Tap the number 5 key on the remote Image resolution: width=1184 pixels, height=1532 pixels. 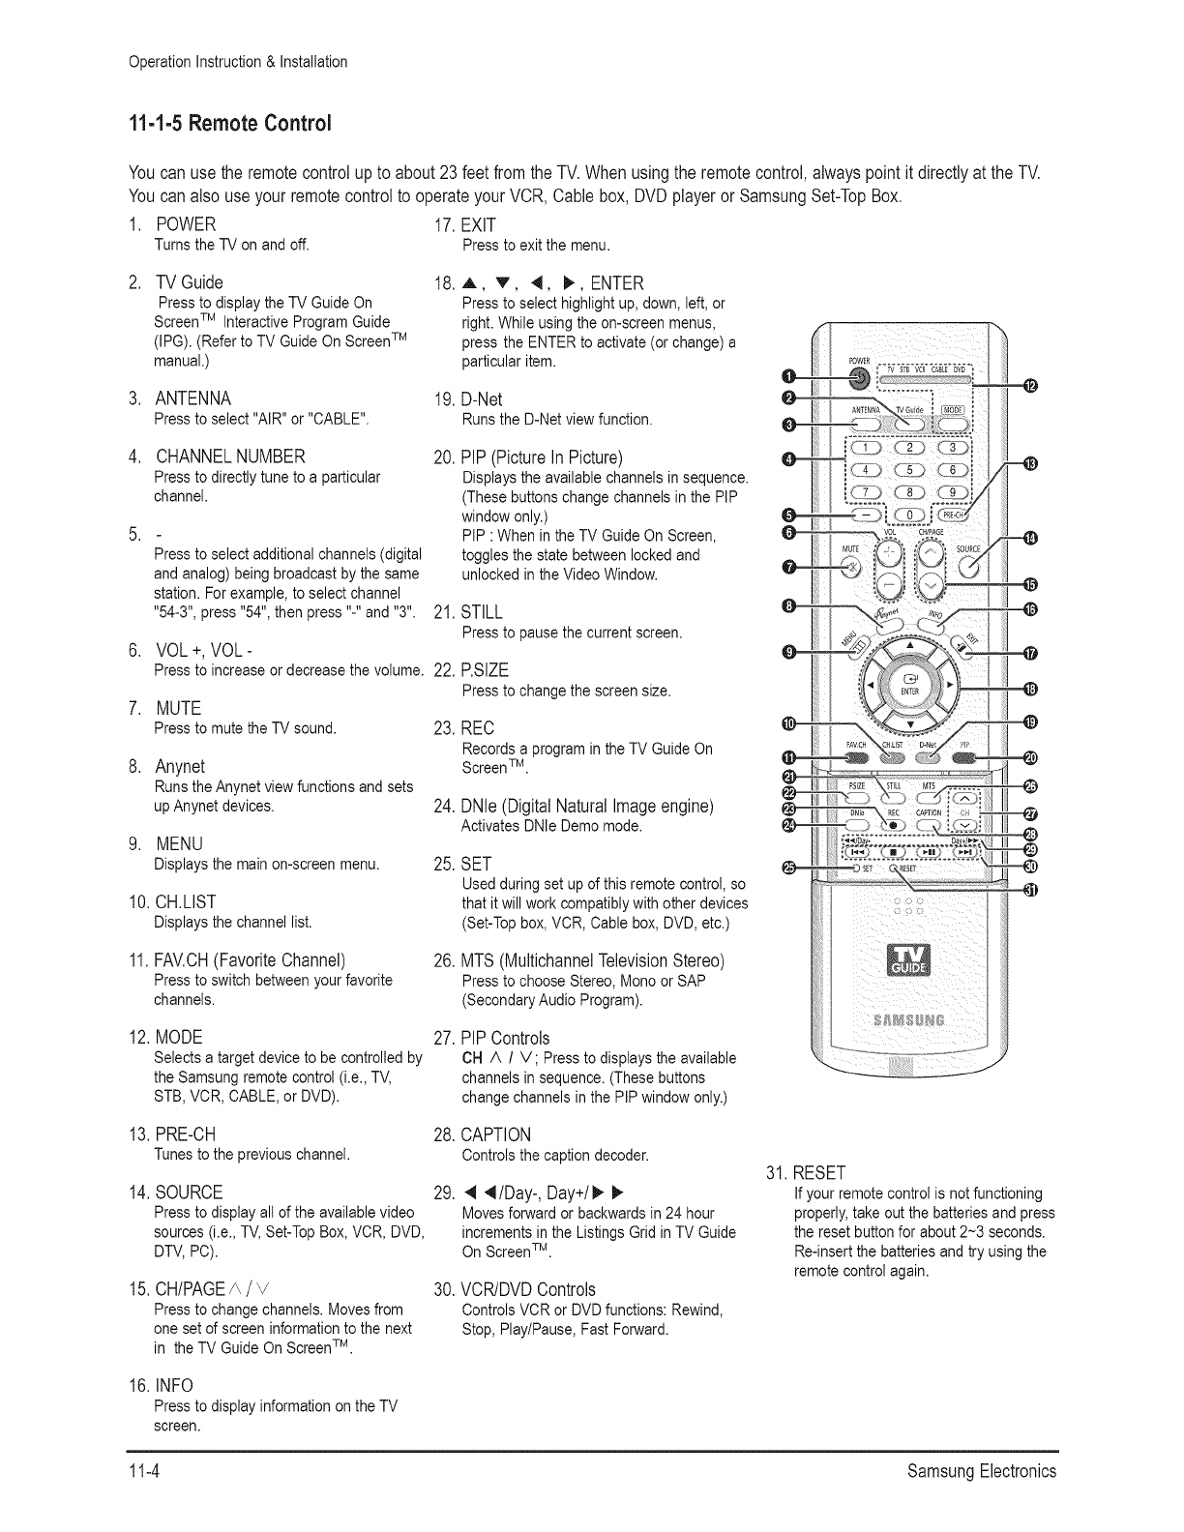pos(907,470)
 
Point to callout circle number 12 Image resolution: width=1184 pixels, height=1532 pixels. pos(1030,388)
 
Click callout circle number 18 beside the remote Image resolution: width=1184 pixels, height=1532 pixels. pos(1030,688)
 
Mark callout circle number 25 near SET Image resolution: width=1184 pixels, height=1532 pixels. pos(789,868)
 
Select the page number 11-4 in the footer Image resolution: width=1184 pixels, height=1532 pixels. pos(145,1471)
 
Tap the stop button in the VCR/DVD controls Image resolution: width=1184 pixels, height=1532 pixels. pos(896,851)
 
